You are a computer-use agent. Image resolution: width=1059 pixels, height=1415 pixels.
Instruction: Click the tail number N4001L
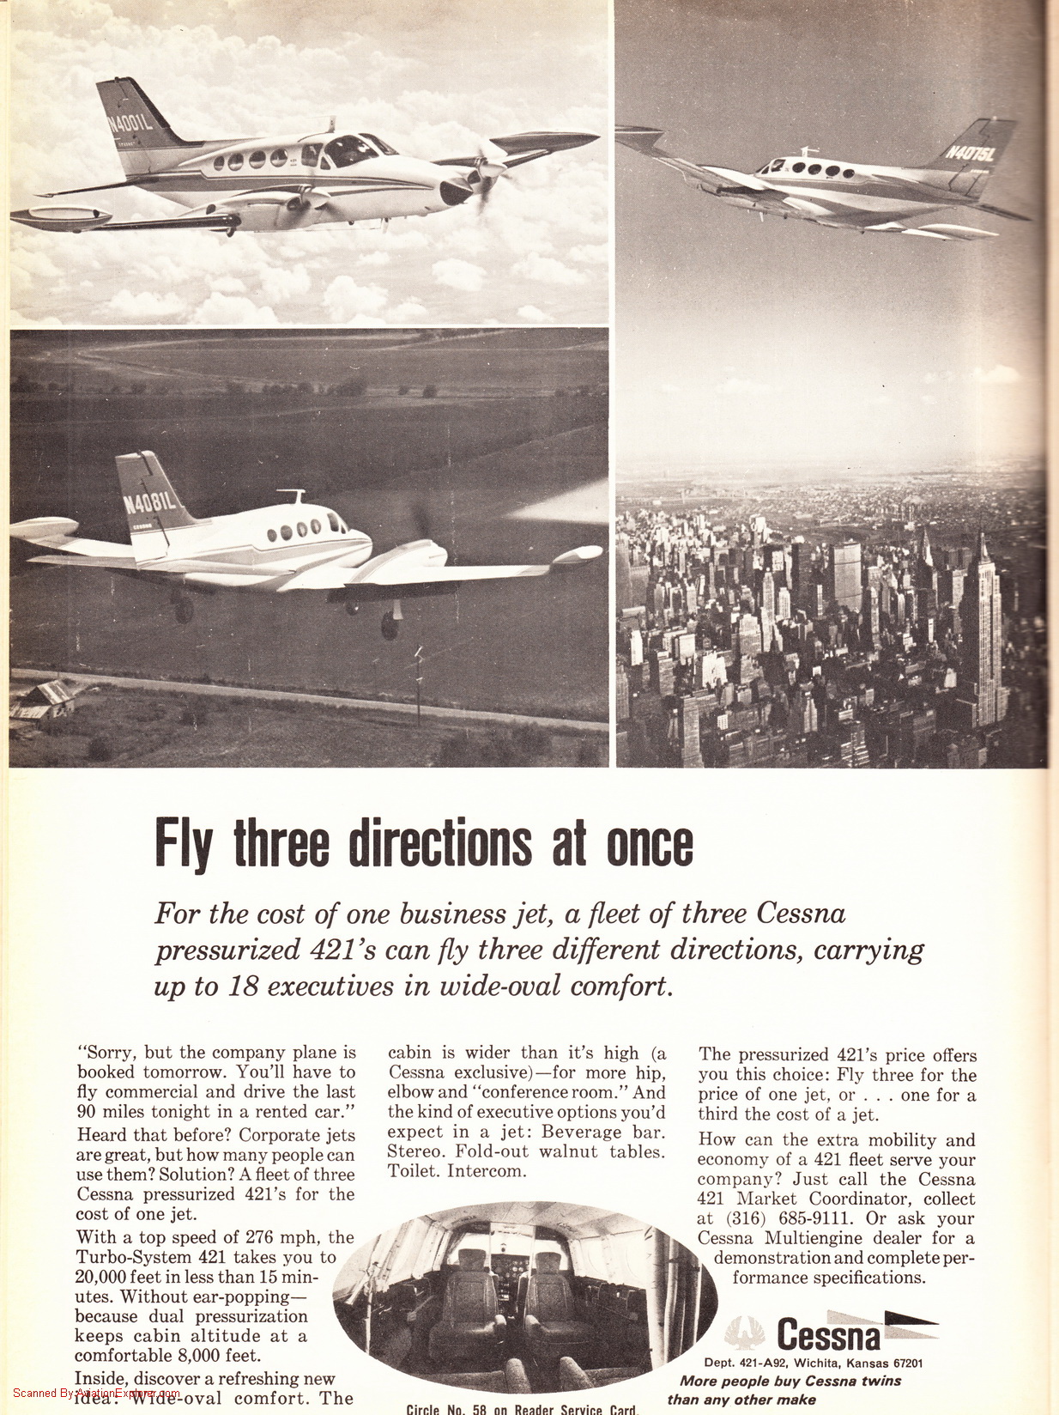pyautogui.click(x=130, y=122)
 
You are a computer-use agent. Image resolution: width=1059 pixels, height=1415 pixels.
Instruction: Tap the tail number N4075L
pyautogui.click(x=970, y=153)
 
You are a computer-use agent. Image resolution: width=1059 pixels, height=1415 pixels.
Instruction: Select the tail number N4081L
pyautogui.click(x=149, y=501)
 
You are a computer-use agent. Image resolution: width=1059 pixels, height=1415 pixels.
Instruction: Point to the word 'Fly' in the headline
pyautogui.click(x=183, y=844)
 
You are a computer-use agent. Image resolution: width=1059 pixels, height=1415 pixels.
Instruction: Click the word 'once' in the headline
pyautogui.click(x=650, y=844)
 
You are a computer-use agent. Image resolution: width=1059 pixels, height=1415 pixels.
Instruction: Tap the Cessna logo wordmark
pyautogui.click(x=828, y=1336)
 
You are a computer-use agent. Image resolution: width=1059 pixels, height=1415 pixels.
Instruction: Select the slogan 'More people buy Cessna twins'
pyautogui.click(x=790, y=1381)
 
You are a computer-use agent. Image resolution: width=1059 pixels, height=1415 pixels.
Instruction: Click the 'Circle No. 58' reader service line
pyautogui.click(x=522, y=1409)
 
